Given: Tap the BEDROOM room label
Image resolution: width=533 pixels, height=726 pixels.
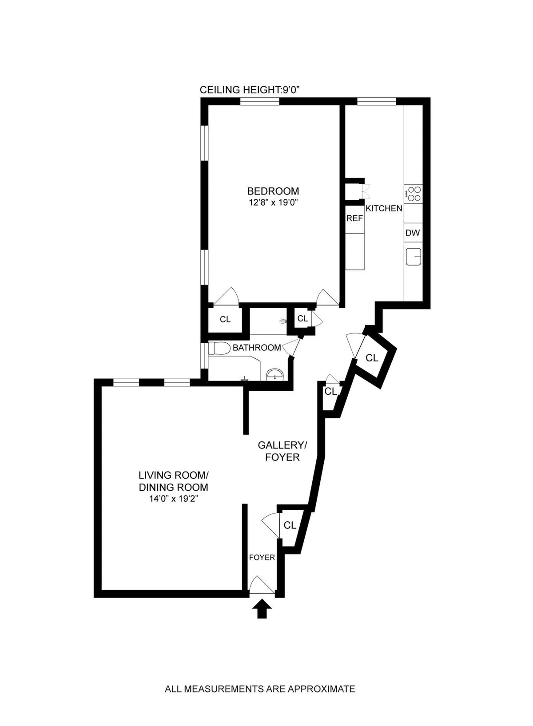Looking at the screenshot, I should pos(273,191).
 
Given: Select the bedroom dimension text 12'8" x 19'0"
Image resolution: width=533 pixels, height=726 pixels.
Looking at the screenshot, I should pos(273,203).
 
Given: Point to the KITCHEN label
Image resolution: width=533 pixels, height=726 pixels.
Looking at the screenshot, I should pos(384,208).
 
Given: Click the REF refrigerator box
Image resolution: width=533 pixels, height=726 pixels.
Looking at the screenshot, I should pos(354,218).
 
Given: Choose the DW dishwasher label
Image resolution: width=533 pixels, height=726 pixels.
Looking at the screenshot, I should pos(413,233).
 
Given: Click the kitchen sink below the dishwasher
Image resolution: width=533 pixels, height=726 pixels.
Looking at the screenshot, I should pos(414,256).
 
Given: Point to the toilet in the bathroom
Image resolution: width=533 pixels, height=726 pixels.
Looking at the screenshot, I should pos(219,348).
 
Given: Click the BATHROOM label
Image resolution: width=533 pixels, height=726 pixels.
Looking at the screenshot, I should pos(257,348).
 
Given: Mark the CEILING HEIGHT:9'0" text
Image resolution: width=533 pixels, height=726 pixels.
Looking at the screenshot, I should pos(250,90).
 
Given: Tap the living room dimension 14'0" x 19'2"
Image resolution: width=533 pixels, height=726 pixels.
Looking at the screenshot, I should pos(174,499).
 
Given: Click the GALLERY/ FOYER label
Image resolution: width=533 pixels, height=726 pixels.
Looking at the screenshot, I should pos(282,451).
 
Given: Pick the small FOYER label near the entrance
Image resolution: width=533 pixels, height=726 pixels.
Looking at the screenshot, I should pos(262,557).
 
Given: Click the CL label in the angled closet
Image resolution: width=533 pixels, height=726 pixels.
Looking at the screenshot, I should pos(372,357).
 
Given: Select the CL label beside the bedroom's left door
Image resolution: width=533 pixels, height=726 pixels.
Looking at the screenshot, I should pos(225,319).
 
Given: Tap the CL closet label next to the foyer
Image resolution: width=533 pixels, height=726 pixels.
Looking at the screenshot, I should pos(290,525).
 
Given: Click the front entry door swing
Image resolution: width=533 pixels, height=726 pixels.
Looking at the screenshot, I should pos(262,585).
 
